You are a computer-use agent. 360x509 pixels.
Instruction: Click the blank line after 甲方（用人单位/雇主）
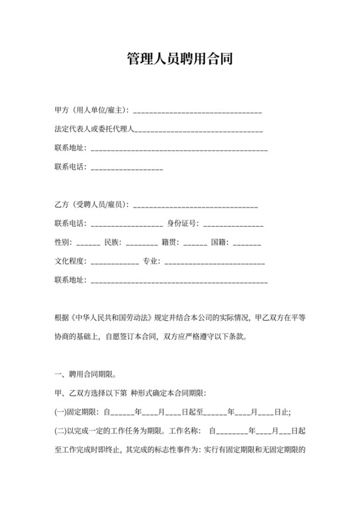[197, 112]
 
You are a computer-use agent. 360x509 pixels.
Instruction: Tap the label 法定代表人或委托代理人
[93, 130]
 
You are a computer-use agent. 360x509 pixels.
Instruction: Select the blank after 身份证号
[233, 225]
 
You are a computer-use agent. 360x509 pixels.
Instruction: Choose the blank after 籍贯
[195, 244]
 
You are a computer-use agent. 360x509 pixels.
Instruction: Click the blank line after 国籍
[247, 244]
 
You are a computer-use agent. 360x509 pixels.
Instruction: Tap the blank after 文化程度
[115, 263]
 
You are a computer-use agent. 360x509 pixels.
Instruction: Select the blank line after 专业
[215, 263]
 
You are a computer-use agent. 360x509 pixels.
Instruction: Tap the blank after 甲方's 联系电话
[127, 168]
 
